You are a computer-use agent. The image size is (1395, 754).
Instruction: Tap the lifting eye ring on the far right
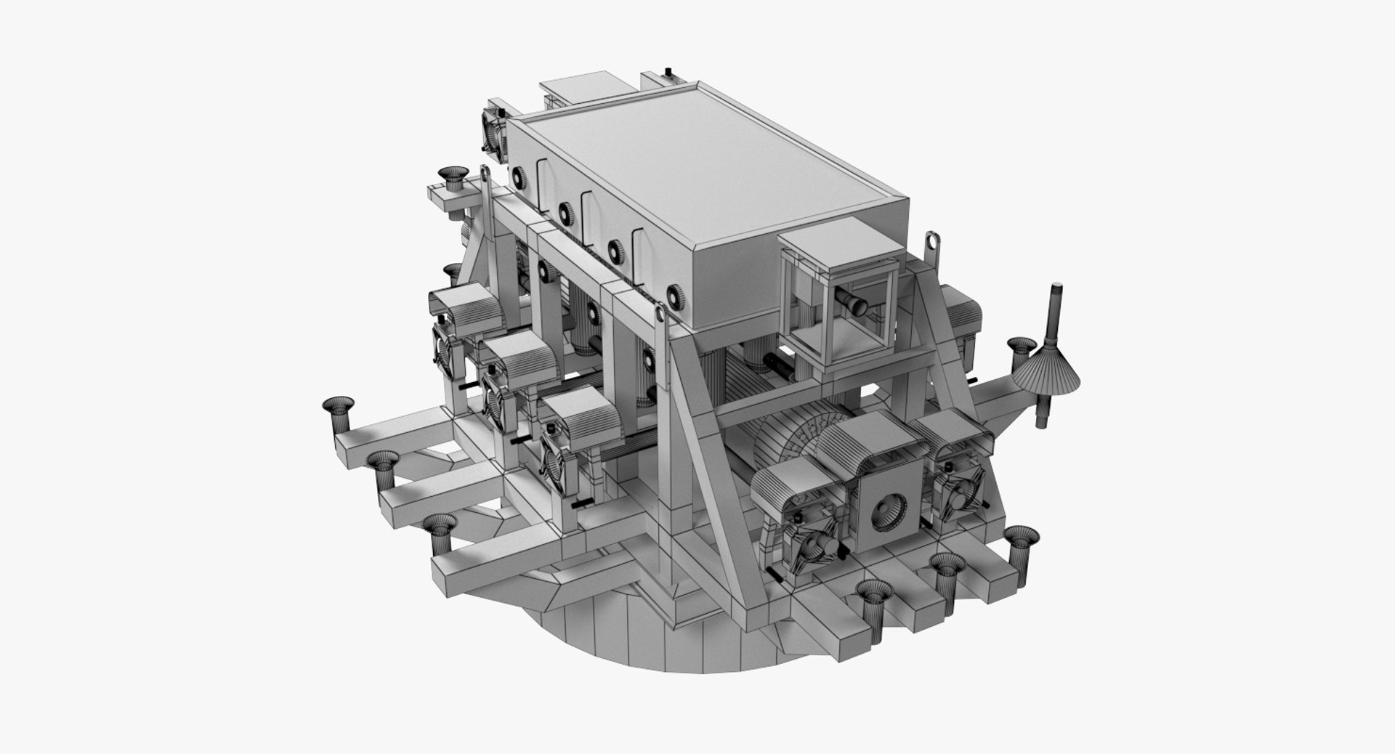tap(929, 244)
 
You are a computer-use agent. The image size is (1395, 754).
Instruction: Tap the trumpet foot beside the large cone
tap(1022, 351)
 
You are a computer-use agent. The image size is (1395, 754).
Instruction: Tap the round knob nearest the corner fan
tap(520, 177)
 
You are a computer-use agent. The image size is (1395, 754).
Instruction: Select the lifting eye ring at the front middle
tap(660, 314)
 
